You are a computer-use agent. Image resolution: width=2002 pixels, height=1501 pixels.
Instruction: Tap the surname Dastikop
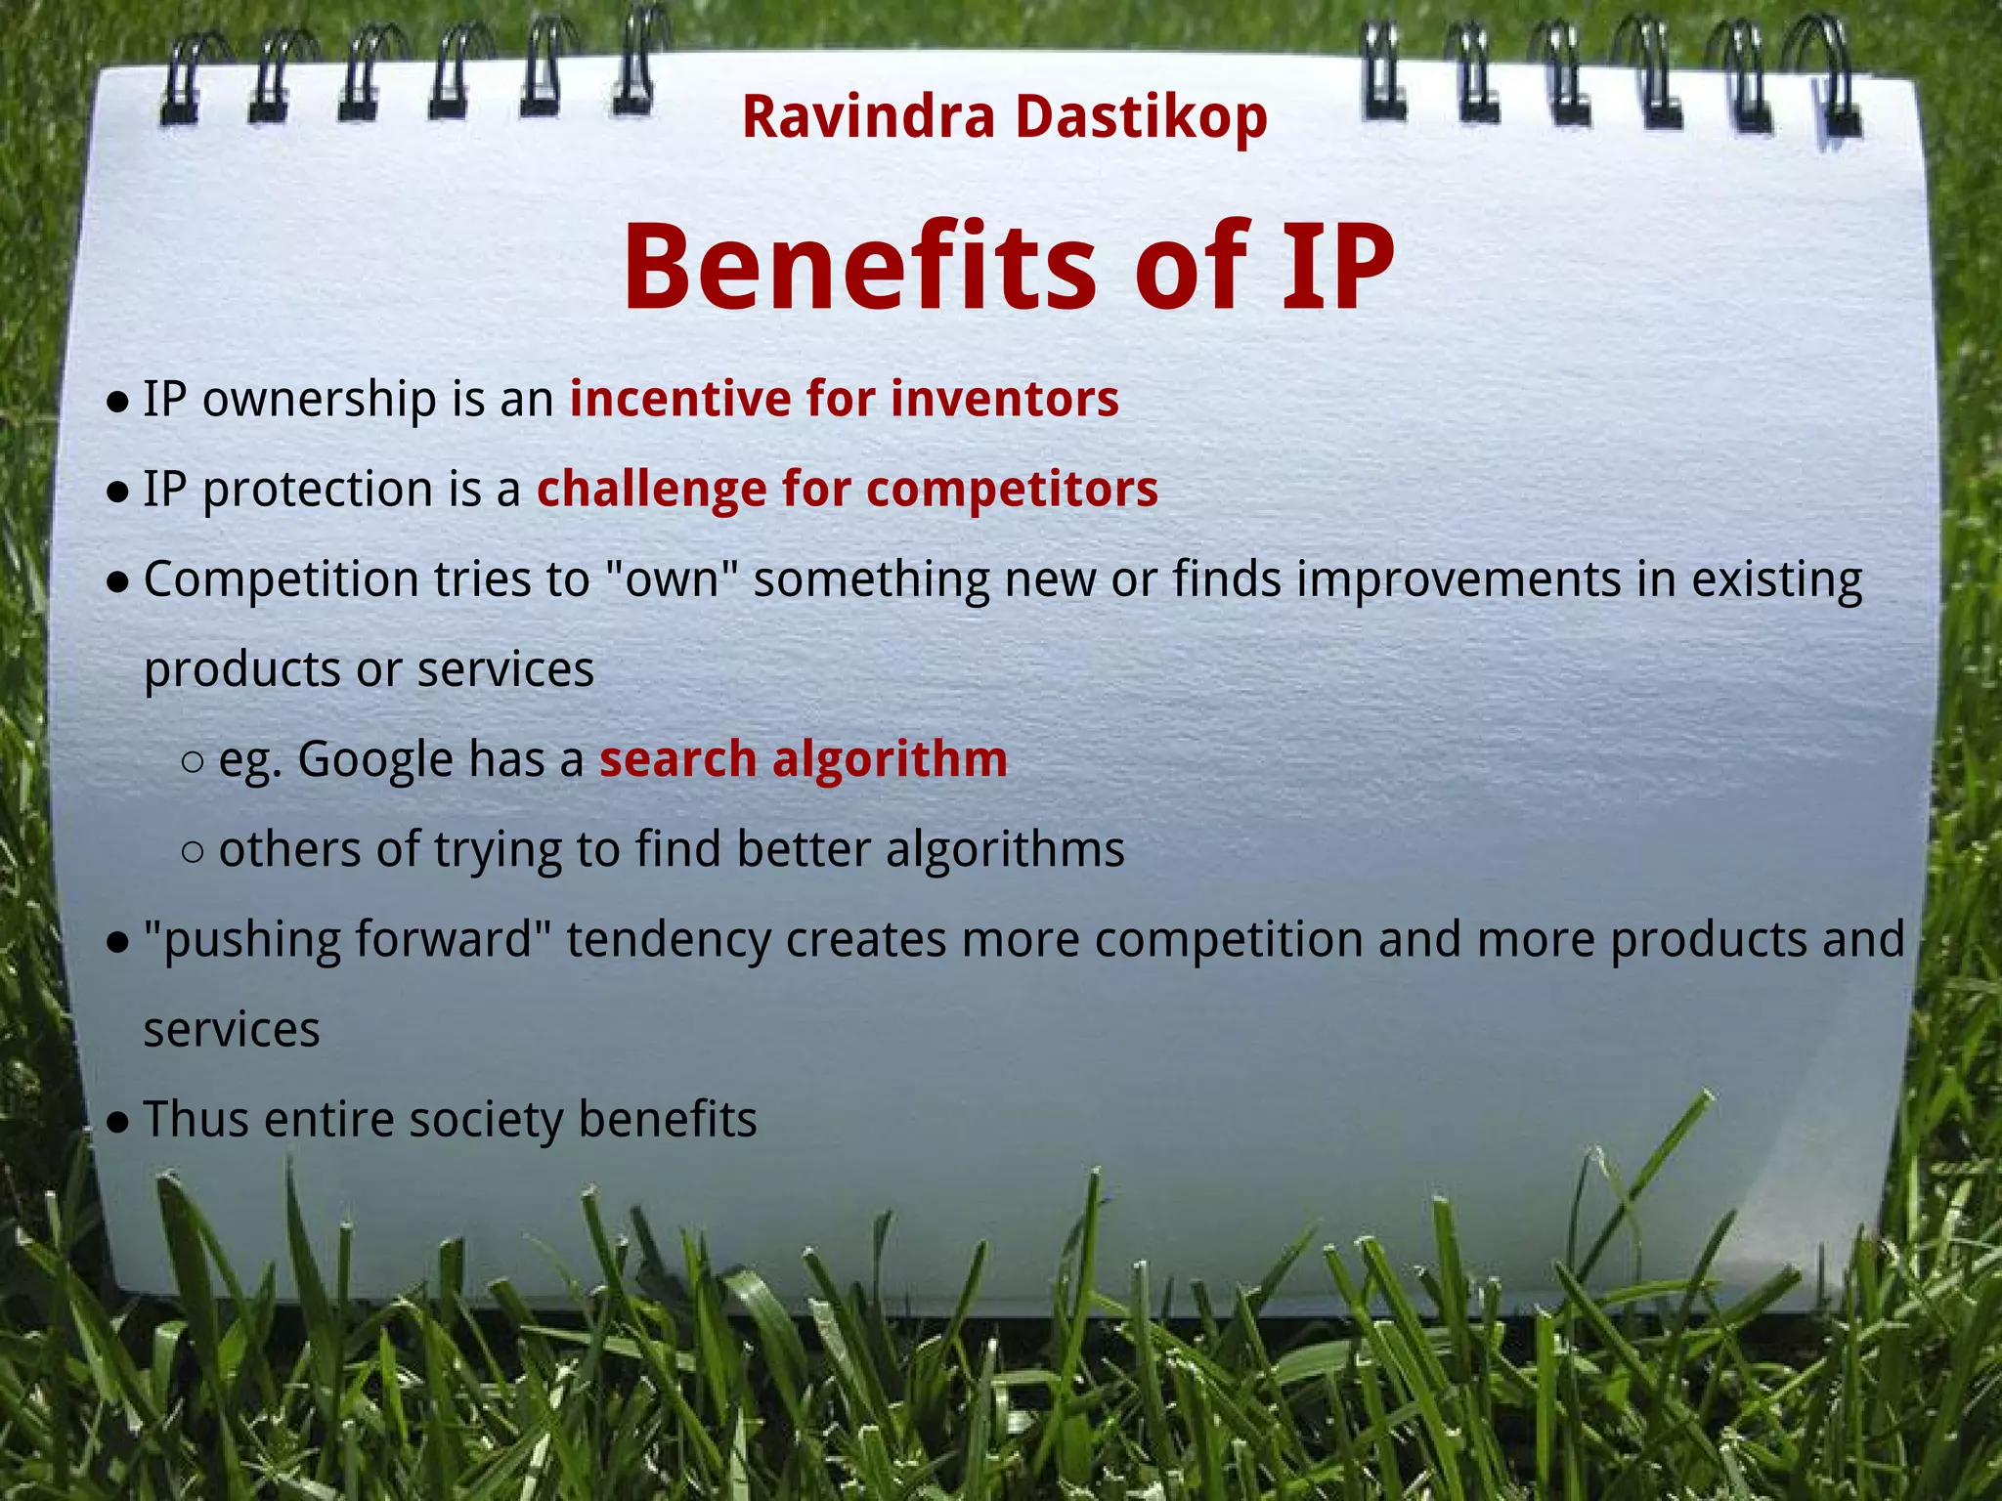click(x=1141, y=117)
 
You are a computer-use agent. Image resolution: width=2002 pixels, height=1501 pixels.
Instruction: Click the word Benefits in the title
click(x=860, y=266)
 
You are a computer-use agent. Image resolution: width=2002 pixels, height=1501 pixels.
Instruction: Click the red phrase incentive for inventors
click(x=844, y=399)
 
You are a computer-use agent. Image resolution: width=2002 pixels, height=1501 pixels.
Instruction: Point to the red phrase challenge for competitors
click(x=847, y=489)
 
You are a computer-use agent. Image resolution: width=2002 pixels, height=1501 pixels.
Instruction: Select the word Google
click(x=374, y=759)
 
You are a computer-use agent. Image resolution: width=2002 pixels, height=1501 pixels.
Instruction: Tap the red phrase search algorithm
click(x=803, y=759)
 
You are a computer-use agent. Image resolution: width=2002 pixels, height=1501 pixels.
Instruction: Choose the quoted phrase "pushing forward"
click(x=347, y=939)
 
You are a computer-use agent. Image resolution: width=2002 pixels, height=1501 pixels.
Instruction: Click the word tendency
click(x=669, y=939)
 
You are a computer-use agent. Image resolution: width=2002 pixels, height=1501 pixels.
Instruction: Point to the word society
click(x=485, y=1119)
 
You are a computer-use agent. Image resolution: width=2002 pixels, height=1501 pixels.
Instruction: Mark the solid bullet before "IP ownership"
click(x=117, y=401)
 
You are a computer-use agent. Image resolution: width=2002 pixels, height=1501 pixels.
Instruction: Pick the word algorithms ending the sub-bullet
click(x=1005, y=849)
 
